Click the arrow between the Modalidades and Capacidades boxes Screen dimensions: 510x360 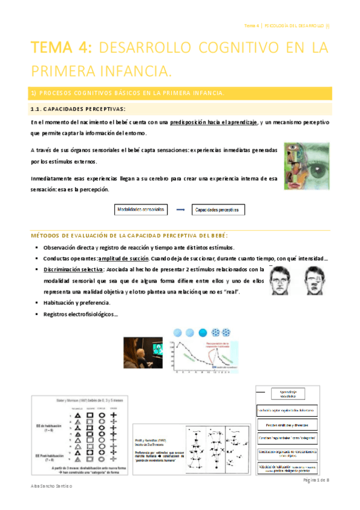179,210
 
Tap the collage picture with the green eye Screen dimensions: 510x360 307,165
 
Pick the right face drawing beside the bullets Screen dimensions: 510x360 315,281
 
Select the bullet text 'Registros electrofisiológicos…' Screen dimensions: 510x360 82,314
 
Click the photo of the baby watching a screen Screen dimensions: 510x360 143,352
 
